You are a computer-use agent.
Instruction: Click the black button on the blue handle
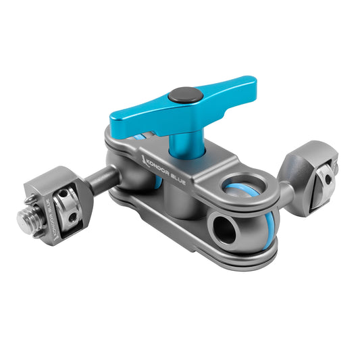click(x=180, y=96)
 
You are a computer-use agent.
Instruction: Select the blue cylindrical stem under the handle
click(x=182, y=145)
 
